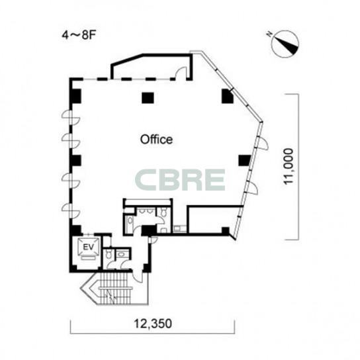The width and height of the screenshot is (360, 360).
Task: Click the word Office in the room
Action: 156,140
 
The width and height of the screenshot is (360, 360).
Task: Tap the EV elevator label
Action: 89,247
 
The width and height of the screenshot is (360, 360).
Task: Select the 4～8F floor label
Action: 79,36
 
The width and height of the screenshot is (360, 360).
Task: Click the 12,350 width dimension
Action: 153,324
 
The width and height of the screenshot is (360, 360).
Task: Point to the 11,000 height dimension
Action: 289,167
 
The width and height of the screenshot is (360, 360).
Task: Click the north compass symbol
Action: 285,44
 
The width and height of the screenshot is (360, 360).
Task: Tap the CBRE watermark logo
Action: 180,180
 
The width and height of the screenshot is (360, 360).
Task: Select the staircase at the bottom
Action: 114,288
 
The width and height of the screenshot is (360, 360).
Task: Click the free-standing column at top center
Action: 148,98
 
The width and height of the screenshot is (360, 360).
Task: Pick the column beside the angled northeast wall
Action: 227,96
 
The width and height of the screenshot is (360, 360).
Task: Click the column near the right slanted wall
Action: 244,161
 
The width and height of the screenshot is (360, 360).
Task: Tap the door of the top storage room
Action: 181,73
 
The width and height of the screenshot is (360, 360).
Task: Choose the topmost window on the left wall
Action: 71,117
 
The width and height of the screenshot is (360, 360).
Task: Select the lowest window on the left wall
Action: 71,210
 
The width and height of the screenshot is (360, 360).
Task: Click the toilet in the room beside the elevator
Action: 108,254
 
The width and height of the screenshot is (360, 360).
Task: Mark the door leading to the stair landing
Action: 138,276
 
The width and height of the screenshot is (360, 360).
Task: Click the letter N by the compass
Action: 269,34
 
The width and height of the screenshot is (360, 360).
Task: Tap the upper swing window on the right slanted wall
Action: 263,143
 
